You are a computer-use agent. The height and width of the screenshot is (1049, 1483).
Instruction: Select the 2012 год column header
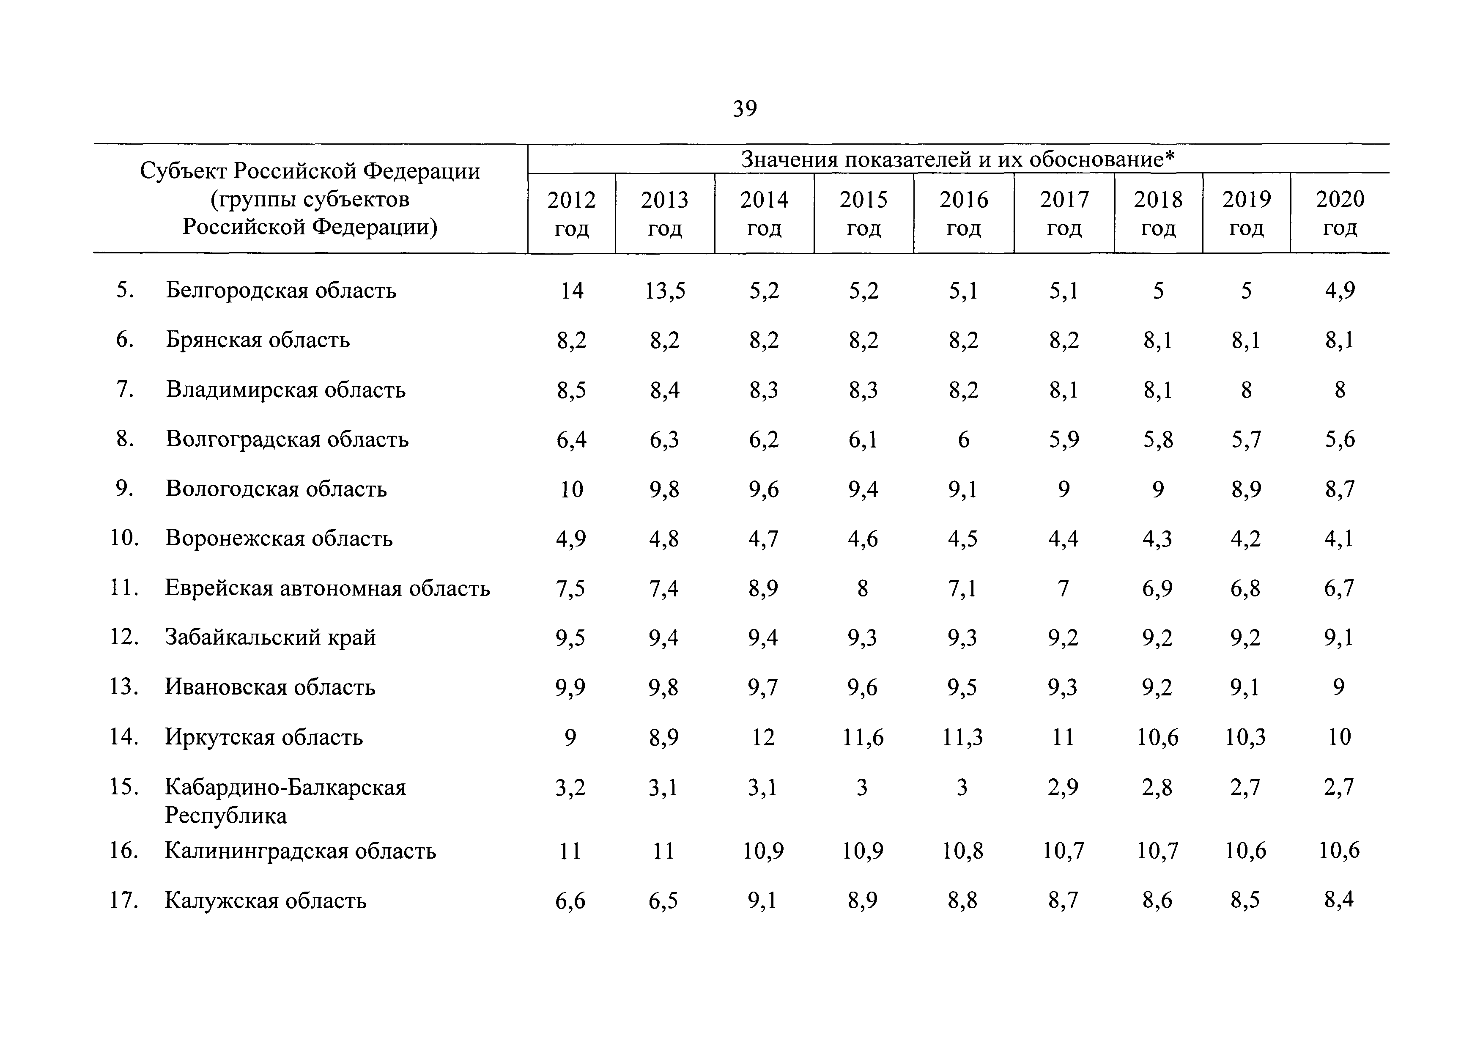572,213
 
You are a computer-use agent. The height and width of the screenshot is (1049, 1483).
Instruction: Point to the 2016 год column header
964,213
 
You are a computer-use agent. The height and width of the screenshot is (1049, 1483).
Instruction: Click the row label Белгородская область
281,290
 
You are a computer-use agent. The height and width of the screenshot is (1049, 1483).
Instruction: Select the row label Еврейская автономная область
327,588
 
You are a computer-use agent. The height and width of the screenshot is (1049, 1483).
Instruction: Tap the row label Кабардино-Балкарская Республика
285,801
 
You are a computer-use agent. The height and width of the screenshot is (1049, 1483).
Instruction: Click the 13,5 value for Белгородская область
665,291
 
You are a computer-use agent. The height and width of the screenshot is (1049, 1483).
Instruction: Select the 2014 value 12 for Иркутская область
763,737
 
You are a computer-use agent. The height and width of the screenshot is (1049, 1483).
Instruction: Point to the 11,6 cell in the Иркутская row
863,737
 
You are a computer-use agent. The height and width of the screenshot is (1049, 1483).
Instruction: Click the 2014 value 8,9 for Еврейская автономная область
763,588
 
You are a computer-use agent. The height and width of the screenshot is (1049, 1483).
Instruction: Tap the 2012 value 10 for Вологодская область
572,489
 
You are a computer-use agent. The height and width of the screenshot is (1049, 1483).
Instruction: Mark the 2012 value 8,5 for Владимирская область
572,390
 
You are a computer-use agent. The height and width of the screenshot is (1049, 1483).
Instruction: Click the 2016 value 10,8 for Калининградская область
962,851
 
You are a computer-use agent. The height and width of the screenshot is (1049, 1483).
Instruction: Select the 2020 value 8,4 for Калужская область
1339,900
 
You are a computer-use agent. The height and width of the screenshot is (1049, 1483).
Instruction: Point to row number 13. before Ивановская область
124,686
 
